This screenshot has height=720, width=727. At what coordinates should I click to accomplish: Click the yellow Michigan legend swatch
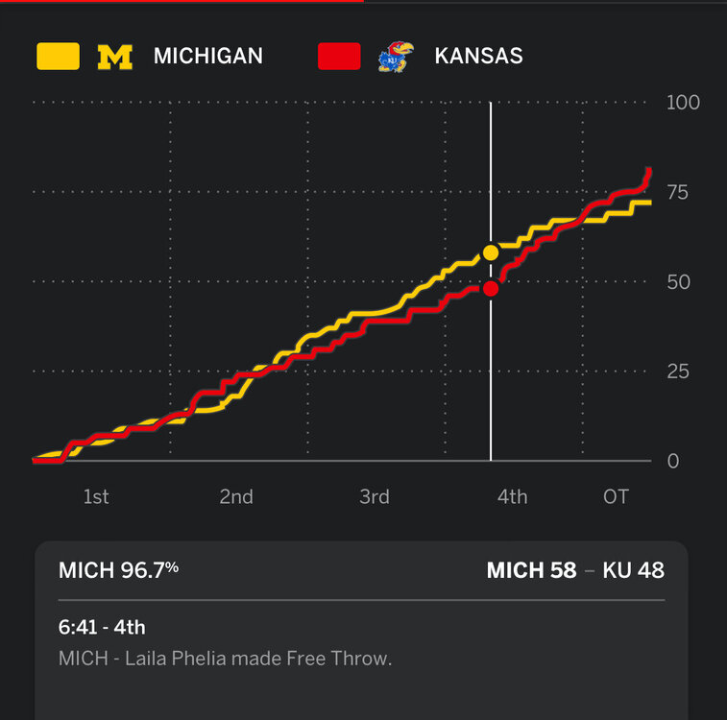58,57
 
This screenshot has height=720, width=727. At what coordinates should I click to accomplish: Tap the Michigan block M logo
115,57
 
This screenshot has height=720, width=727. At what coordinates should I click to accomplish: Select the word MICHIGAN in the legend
207,57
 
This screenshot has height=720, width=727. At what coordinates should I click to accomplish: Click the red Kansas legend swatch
339,57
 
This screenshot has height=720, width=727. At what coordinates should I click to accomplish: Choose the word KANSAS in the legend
478,57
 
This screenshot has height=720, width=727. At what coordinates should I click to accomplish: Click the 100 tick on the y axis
683,103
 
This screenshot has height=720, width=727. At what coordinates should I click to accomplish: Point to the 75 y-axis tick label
677,193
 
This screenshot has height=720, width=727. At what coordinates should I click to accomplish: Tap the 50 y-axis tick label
678,282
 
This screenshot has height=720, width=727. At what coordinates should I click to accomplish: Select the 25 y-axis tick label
678,372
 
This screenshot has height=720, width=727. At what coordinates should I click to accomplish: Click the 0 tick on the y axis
673,462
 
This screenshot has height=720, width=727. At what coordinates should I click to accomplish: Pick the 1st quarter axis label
95,496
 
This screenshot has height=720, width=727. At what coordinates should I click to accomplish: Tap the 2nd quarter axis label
235,496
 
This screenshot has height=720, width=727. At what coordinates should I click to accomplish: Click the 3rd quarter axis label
374,496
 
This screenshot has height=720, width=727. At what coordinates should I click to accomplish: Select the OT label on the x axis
616,496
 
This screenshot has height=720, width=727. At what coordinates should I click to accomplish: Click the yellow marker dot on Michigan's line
491,252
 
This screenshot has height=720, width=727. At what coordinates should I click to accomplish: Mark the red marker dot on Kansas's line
491,289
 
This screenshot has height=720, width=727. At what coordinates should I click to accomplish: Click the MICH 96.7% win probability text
118,570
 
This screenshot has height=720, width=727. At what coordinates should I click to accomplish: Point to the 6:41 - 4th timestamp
102,628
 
